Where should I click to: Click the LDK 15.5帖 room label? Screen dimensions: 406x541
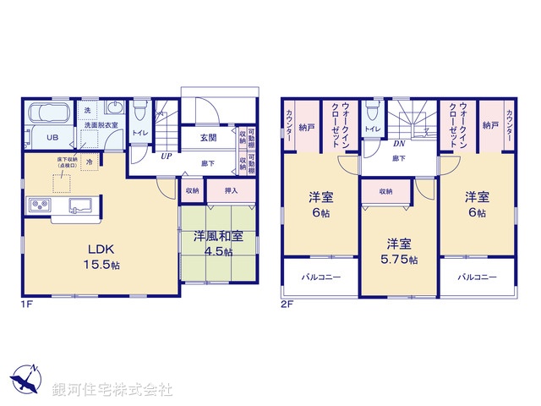pyautogui.click(x=99, y=256)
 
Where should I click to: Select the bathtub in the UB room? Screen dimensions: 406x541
pyautogui.click(x=51, y=113)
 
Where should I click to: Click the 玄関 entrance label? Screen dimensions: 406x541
pyautogui.click(x=208, y=137)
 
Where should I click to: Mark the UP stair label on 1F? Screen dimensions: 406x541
pyautogui.click(x=168, y=156)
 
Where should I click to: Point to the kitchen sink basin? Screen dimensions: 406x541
pyautogui.click(x=82, y=204)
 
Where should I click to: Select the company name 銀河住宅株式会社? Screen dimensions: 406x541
pyautogui.click(x=112, y=390)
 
